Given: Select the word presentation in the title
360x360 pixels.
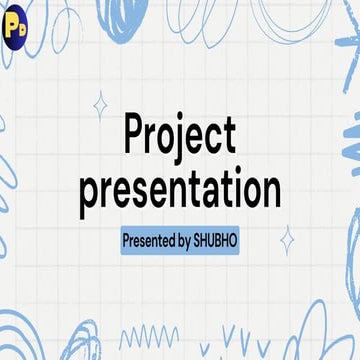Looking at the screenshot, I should pos(180,190).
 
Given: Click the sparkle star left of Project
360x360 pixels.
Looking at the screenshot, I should pos(99,104).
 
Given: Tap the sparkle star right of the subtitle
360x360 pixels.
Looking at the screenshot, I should pos(287,240).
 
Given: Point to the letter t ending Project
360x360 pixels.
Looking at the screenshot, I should pos(230,137).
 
